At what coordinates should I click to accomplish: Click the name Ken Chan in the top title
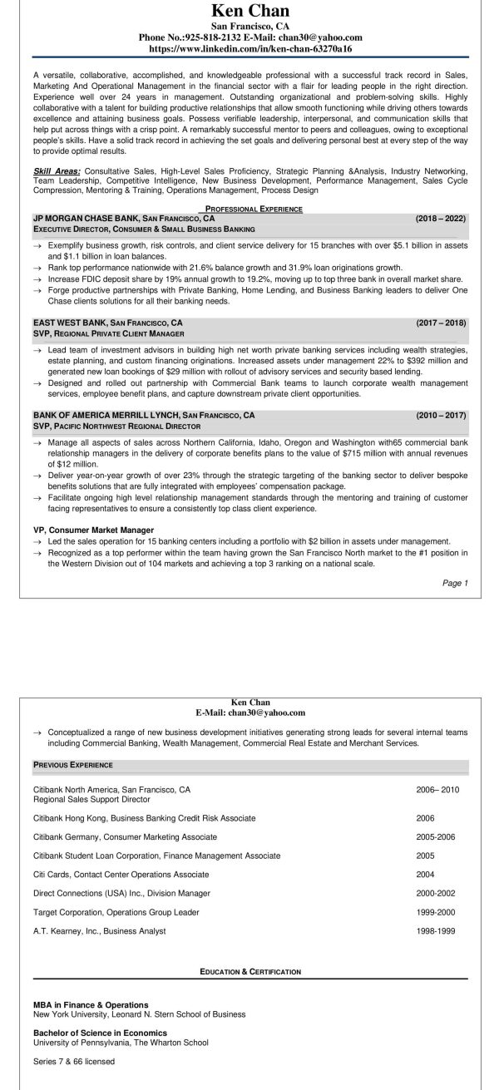[249, 11]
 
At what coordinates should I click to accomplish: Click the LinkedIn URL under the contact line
[249, 49]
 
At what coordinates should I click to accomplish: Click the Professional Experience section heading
[249, 208]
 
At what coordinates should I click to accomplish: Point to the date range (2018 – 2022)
[441, 218]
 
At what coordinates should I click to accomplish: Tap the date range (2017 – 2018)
[441, 323]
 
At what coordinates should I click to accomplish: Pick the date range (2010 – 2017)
[441, 414]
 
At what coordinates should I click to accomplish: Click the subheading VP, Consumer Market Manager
[93, 529]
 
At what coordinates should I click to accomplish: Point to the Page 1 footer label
[455, 583]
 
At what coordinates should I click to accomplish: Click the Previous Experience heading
[73, 764]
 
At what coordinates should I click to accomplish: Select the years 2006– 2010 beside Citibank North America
[437, 789]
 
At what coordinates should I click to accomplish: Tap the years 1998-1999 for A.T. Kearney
[437, 931]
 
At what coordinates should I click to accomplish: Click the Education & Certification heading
[249, 971]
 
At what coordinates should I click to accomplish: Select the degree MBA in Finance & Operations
[91, 1004]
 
